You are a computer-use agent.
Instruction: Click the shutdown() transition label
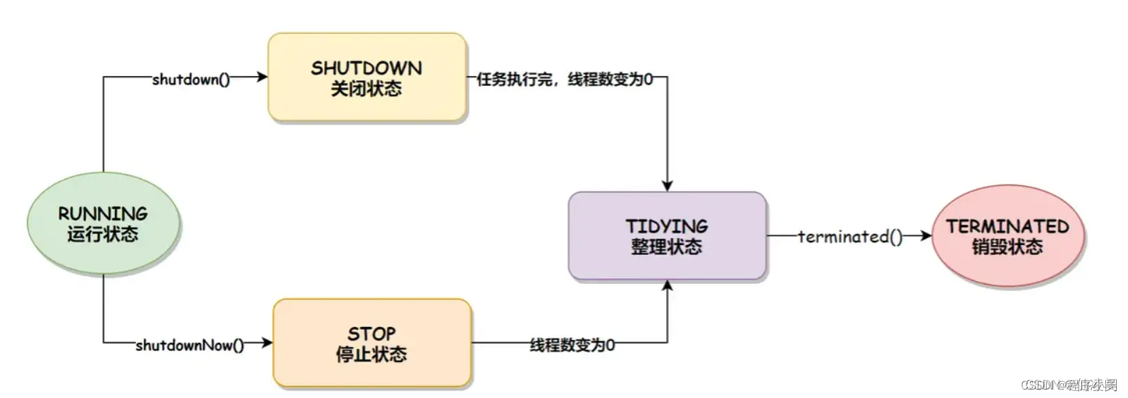point(191,80)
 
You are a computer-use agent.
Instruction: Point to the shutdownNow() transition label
point(190,345)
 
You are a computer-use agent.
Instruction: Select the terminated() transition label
point(850,237)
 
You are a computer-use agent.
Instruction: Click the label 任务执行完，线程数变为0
point(565,80)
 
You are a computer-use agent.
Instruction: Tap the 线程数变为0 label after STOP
point(572,345)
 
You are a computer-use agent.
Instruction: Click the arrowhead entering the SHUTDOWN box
point(262,77)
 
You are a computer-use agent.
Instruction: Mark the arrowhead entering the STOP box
point(266,343)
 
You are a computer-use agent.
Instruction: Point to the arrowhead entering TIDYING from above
point(667,185)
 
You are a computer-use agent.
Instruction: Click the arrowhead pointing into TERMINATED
point(926,236)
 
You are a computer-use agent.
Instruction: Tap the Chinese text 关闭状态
point(367,89)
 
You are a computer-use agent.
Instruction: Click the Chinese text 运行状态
point(103,234)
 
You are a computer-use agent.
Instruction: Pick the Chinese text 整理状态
point(667,247)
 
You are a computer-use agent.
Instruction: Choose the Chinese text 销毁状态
point(1007,247)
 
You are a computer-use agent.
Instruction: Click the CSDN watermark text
point(1069,385)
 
